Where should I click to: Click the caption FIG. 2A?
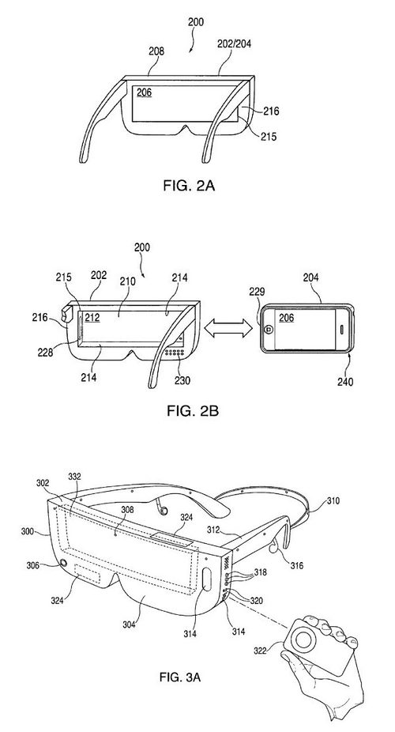point(189,185)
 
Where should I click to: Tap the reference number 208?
point(156,51)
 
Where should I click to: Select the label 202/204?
point(235,44)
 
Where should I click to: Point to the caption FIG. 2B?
point(193,410)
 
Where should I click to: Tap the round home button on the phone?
point(269,329)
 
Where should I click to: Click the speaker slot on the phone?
point(342,329)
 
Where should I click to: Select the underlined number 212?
point(92,318)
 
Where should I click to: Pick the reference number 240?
point(344,381)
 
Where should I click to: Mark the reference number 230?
point(182,380)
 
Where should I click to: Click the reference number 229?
point(257,292)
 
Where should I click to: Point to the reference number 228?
point(45,352)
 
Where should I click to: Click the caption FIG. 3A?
point(180,677)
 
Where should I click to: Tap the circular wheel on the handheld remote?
point(303,640)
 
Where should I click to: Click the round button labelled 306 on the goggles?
point(62,564)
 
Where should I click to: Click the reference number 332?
point(73,477)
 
